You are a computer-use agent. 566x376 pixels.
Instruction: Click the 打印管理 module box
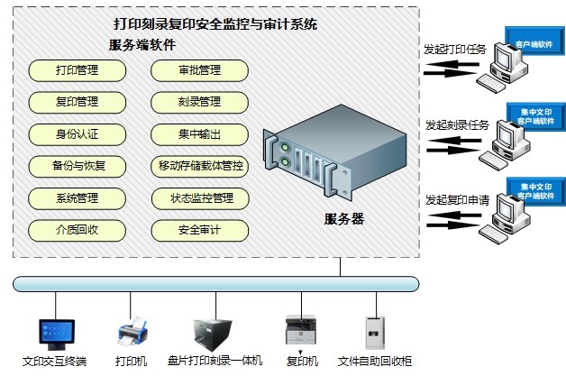click(77, 69)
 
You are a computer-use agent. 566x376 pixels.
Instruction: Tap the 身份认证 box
click(77, 134)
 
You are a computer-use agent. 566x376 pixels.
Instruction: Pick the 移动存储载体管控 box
click(200, 166)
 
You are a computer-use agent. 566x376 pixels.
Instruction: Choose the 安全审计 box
click(199, 230)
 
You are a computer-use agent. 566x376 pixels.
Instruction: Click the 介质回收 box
click(77, 230)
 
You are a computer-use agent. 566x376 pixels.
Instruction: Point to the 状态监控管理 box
click(200, 197)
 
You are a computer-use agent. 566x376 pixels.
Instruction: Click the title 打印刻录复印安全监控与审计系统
click(215, 24)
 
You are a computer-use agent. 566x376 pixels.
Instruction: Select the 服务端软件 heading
click(141, 44)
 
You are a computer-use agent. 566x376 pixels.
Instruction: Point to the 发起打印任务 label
click(455, 50)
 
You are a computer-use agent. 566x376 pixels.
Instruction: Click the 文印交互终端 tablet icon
click(54, 333)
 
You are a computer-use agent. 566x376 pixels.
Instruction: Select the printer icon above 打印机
click(132, 334)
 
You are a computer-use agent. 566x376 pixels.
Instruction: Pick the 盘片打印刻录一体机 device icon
click(214, 333)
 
